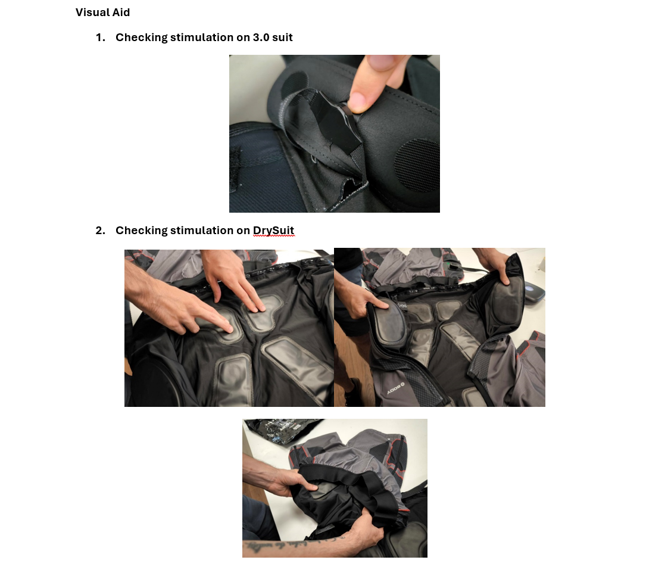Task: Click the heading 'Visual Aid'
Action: pyautogui.click(x=102, y=13)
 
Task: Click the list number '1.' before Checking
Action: pyautogui.click(x=101, y=38)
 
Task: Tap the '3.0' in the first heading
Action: pyautogui.click(x=261, y=38)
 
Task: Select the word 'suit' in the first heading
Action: pyautogui.click(x=282, y=38)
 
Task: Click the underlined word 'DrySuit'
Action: pyautogui.click(x=273, y=231)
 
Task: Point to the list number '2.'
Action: pyautogui.click(x=101, y=231)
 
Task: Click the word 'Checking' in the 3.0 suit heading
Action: pyautogui.click(x=142, y=38)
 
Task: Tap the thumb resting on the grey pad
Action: pyautogui.click(x=382, y=304)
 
